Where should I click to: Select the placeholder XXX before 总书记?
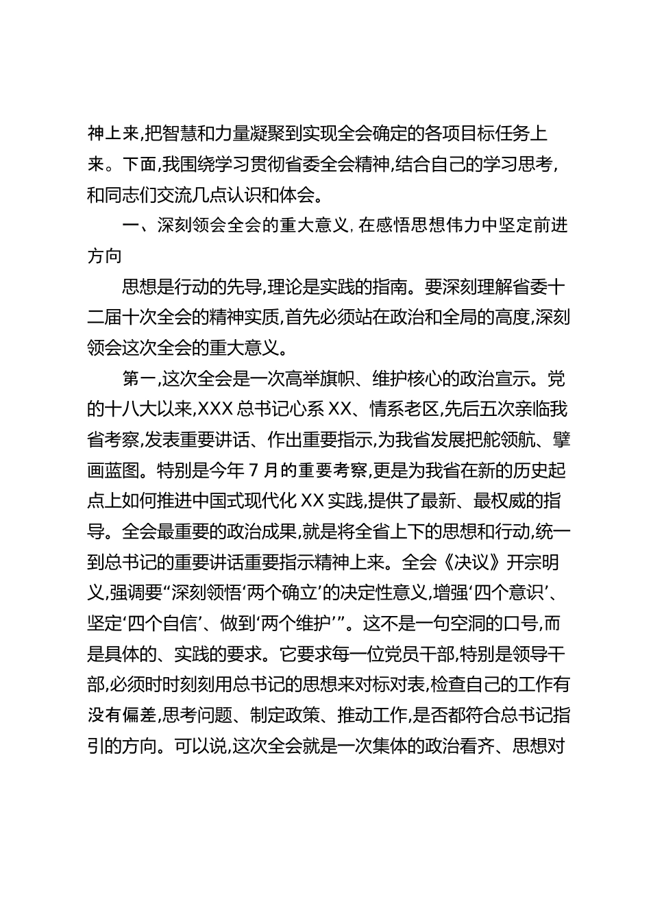219,409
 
